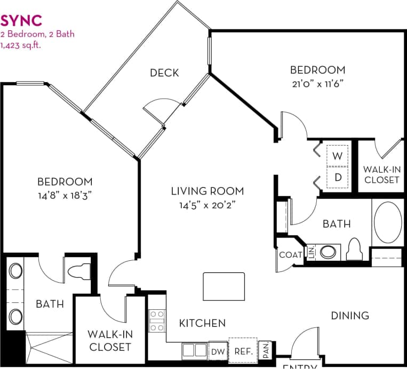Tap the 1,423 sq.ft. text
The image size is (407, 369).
[21, 45]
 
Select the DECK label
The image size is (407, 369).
[164, 73]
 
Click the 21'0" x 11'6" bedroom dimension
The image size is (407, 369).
[317, 83]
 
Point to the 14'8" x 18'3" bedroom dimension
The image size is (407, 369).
[64, 195]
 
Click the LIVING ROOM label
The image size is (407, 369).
[207, 191]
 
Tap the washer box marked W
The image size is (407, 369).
[337, 156]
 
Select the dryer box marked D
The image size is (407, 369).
[337, 178]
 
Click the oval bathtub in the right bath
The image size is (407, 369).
[388, 222]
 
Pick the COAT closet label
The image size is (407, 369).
[290, 255]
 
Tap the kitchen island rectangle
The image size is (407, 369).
[224, 286]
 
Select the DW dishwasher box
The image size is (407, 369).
[218, 351]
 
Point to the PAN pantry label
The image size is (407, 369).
[265, 351]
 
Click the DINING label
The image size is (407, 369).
[350, 316]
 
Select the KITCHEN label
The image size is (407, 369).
[202, 323]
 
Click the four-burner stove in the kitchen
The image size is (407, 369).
[156, 321]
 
